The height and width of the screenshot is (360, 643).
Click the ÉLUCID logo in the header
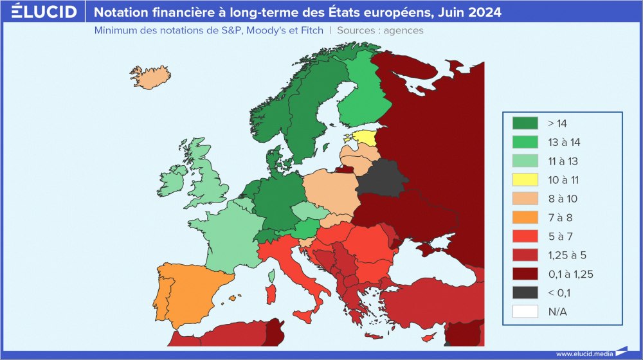point(44,12)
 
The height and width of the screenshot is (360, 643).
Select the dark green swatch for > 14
point(525,123)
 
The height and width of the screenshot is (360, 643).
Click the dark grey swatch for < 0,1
point(525,293)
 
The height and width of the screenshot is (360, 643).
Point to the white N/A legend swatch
point(525,312)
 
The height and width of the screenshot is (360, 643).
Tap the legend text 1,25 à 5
point(566,255)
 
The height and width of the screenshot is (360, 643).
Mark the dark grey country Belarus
point(382,177)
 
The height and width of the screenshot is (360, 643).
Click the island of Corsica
point(273,276)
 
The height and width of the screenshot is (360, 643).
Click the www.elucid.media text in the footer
point(583,353)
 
